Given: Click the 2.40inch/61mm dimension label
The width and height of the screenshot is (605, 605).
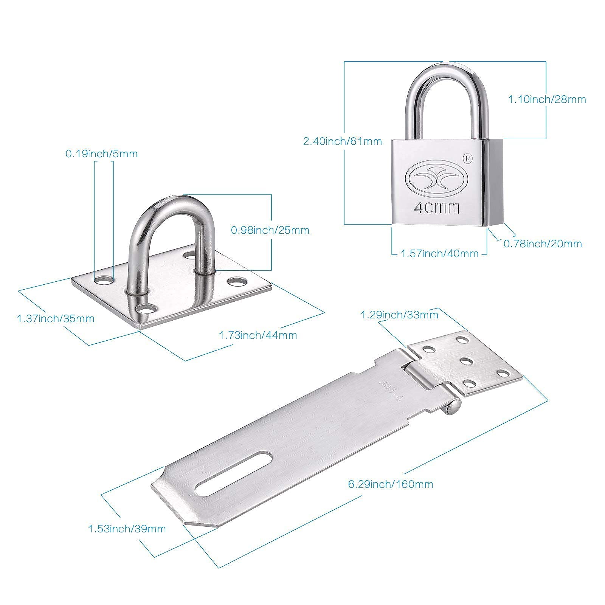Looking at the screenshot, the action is tap(342, 141).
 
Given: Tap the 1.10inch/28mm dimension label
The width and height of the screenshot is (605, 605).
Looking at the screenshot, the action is tap(546, 99).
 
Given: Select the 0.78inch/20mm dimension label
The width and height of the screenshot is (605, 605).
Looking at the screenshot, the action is tap(543, 244).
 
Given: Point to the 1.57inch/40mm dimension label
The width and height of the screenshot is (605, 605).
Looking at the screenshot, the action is tap(439, 253).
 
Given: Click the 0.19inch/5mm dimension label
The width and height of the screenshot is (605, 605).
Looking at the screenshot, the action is tap(102, 154).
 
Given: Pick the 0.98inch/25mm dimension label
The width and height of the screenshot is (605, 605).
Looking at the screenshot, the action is tap(270, 230).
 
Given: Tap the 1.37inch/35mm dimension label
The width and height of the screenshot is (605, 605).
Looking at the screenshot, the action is tap(56, 318).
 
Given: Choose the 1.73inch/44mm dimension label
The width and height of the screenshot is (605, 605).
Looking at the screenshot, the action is tap(258, 335).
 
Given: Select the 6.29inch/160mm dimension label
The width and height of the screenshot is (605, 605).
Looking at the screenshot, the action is tap(391, 484).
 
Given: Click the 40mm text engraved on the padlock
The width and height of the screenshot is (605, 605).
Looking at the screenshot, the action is tap(437, 207).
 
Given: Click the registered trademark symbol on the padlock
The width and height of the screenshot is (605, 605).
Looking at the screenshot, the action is tap(468, 158).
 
